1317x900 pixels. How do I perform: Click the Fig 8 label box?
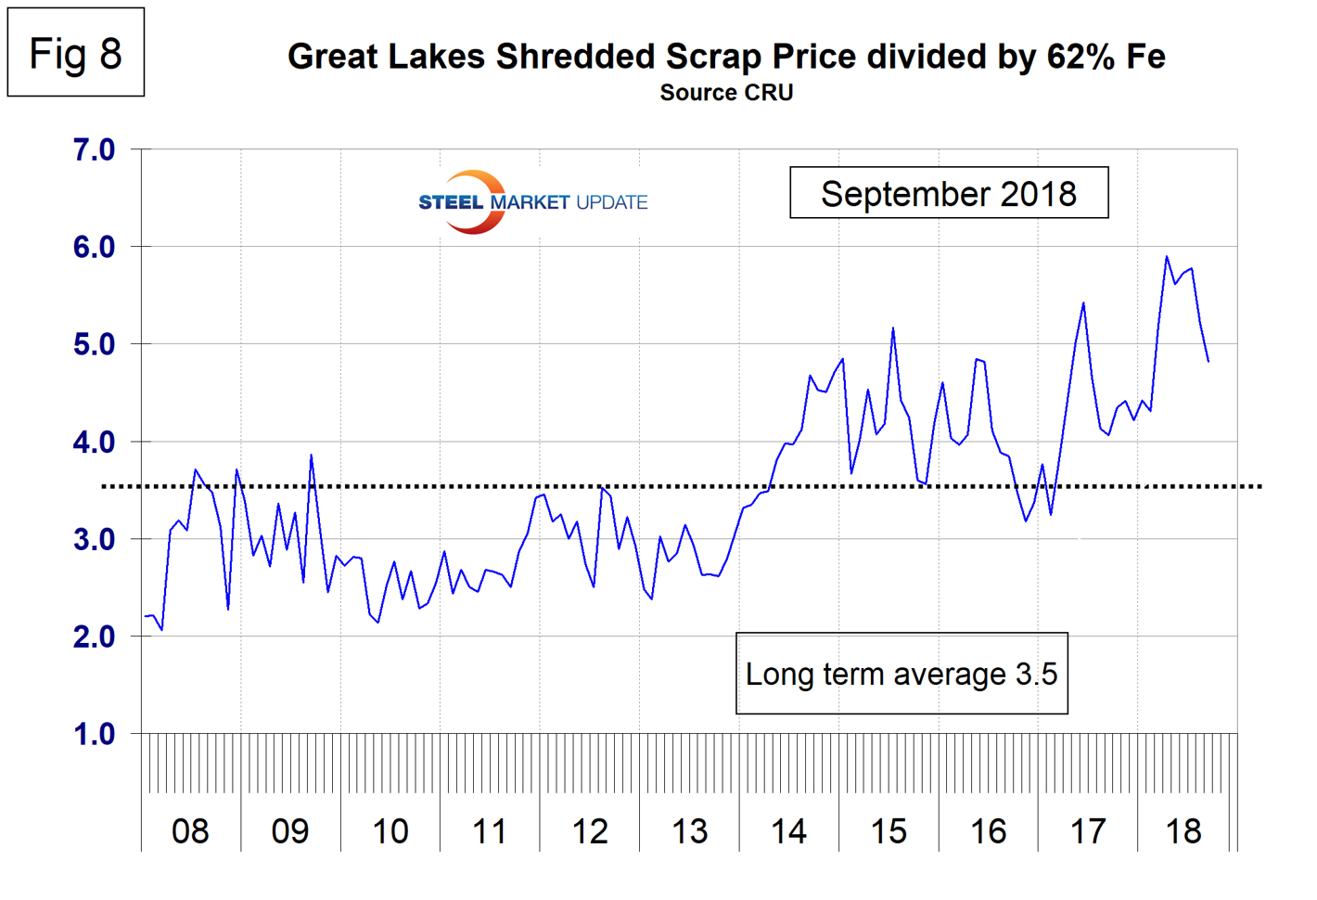pyautogui.click(x=75, y=53)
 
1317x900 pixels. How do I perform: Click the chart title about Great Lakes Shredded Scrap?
pyautogui.click(x=726, y=57)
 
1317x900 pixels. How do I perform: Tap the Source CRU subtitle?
pyautogui.click(x=726, y=93)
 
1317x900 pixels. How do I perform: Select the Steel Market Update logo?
pyautogui.click(x=532, y=201)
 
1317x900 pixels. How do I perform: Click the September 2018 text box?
pyautogui.click(x=949, y=193)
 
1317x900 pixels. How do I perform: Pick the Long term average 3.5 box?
pyautogui.click(x=901, y=674)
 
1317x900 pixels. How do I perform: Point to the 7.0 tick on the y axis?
pyautogui.click(x=94, y=149)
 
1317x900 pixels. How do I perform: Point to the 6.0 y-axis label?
pyautogui.click(x=94, y=247)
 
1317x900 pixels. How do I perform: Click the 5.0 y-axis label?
pyautogui.click(x=94, y=344)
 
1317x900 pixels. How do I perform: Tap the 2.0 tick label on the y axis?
pyautogui.click(x=94, y=636)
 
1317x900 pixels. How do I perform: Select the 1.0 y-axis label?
pyautogui.click(x=94, y=734)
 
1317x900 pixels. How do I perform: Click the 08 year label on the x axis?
pyautogui.click(x=190, y=831)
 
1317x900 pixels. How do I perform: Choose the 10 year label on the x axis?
pyautogui.click(x=390, y=831)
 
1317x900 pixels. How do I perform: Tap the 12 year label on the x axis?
pyautogui.click(x=589, y=831)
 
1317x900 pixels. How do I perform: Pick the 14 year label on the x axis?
pyautogui.click(x=788, y=831)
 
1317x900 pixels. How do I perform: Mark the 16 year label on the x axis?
pyautogui.click(x=988, y=831)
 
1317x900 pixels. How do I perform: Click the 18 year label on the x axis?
pyautogui.click(x=1183, y=831)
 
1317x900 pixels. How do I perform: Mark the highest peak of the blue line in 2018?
pyautogui.click(x=1167, y=256)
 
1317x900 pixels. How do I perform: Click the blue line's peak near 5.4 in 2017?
pyautogui.click(x=1083, y=302)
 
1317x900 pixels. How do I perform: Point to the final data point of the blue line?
pyautogui.click(x=1208, y=361)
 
